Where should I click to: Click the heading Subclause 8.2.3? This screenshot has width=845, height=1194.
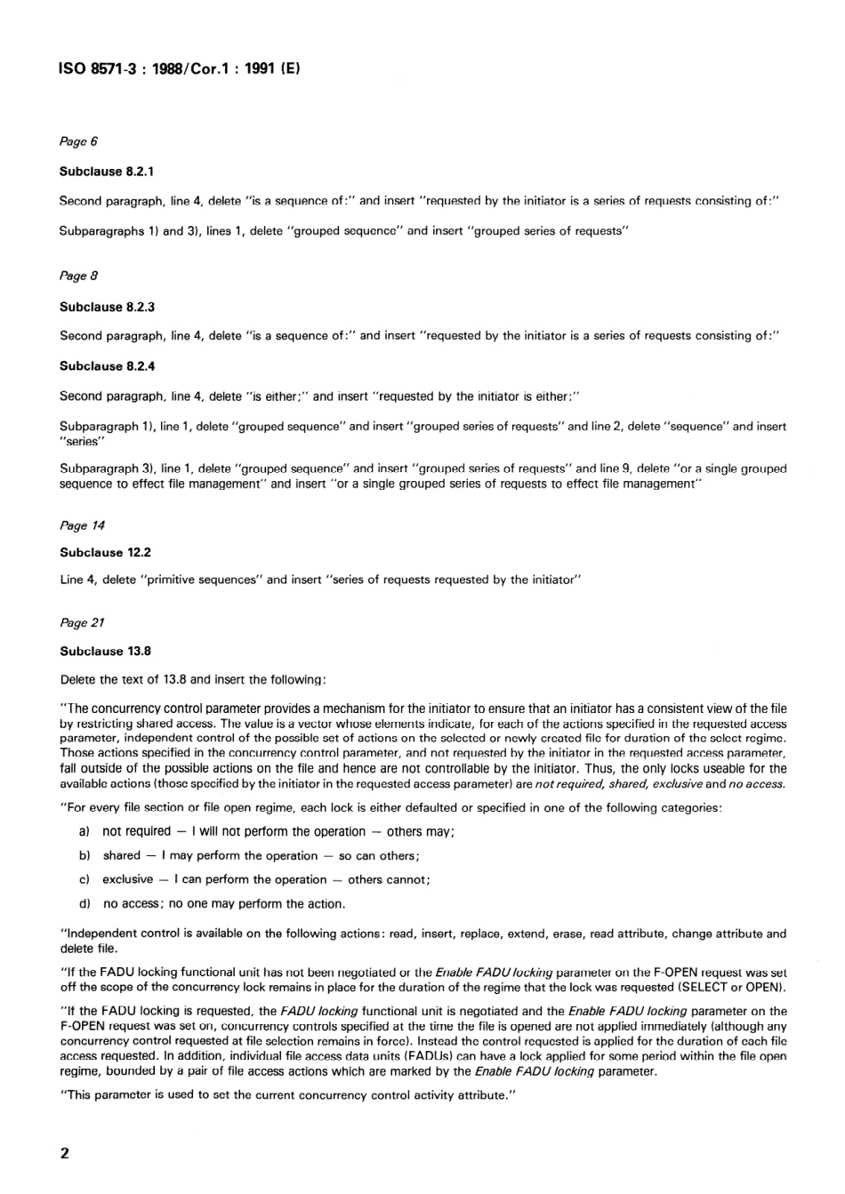point(107,307)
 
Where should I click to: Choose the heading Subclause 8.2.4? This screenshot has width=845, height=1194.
point(107,366)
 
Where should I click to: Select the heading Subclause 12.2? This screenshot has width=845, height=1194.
point(105,552)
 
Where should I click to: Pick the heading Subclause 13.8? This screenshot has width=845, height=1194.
point(105,651)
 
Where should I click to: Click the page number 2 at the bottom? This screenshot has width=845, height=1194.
point(64,1153)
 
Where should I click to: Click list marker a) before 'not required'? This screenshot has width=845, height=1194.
point(85,832)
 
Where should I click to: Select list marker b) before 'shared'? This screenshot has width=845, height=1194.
point(85,856)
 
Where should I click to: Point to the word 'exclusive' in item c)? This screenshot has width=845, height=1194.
point(127,880)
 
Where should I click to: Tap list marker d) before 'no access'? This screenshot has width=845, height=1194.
point(85,904)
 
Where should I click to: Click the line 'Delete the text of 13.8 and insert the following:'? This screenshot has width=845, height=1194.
point(193,680)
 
